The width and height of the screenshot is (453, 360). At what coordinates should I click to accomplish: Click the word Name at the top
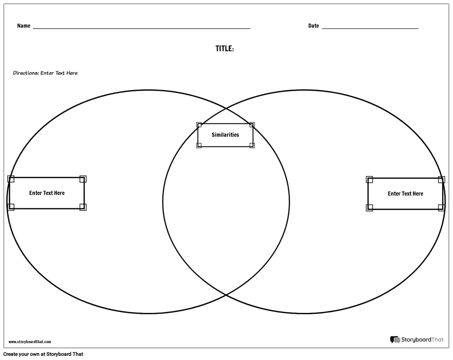tap(24, 26)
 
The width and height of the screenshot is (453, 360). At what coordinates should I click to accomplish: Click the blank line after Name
tap(141, 28)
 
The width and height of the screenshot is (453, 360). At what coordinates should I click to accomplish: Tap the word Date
tap(313, 26)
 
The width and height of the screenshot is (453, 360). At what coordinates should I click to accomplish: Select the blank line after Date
tap(370, 28)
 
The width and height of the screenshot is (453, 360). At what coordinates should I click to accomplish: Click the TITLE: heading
tap(225, 49)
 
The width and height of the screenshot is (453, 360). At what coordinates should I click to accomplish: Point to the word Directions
tap(26, 73)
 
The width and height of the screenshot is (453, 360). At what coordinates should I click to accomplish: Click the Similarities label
tap(225, 135)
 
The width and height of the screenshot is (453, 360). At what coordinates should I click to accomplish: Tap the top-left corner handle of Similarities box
tap(199, 125)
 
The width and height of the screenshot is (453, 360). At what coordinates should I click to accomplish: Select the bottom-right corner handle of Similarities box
tap(252, 146)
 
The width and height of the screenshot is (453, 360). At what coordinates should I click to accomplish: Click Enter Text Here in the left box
tap(47, 193)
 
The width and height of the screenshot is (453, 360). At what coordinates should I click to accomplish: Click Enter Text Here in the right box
tap(405, 194)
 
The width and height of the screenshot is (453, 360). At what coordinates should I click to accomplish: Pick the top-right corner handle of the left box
tap(83, 179)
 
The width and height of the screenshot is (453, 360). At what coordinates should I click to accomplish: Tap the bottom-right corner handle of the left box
tap(83, 207)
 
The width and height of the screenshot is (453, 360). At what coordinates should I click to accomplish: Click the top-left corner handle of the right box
tap(369, 180)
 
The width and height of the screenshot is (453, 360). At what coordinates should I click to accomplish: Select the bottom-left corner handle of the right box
tap(369, 208)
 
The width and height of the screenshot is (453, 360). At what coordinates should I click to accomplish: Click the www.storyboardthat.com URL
tap(30, 342)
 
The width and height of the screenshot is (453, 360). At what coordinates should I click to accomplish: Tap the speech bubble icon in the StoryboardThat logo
tap(395, 340)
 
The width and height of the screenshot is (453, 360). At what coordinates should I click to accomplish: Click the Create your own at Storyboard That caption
tap(43, 354)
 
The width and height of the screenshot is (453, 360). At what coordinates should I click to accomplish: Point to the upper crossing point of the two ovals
tap(226, 109)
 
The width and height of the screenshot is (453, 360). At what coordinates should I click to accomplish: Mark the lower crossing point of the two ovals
tap(226, 295)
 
